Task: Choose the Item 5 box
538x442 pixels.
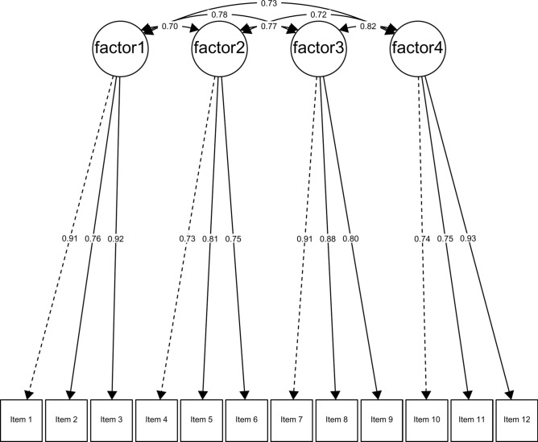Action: (202, 419)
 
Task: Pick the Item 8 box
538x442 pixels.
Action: (337, 419)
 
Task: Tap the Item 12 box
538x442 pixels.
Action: (515, 419)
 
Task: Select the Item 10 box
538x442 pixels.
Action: (427, 419)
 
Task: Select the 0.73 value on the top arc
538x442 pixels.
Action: (268, 4)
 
